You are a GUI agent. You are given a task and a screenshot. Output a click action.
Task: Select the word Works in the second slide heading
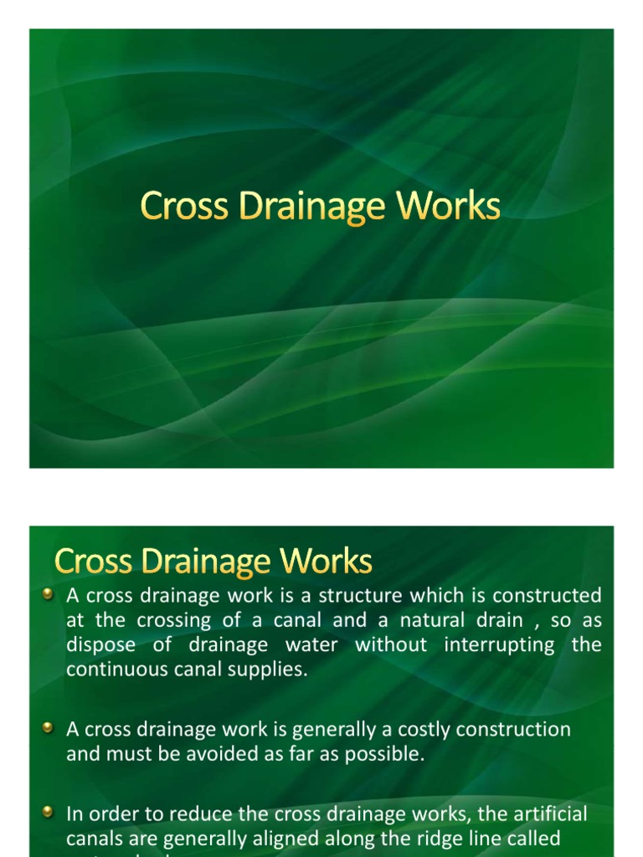(331, 562)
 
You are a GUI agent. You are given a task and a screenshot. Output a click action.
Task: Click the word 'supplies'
(265, 670)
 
